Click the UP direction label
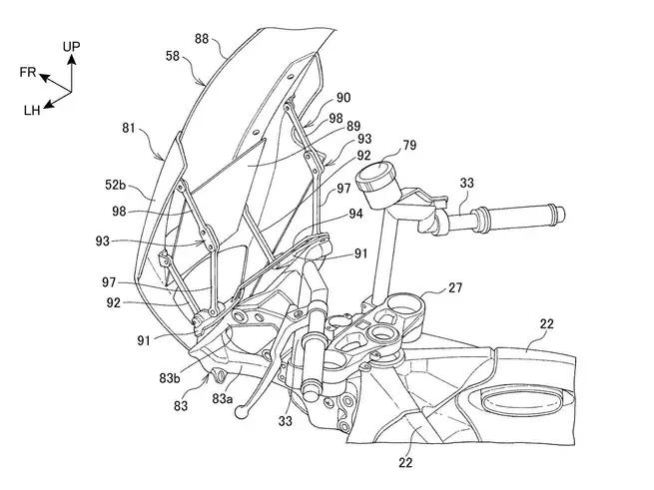[x=72, y=47]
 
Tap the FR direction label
[x=28, y=72]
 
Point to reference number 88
[x=202, y=40]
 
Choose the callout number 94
[x=355, y=213]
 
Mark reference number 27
[x=454, y=286]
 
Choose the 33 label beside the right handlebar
[x=466, y=184]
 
